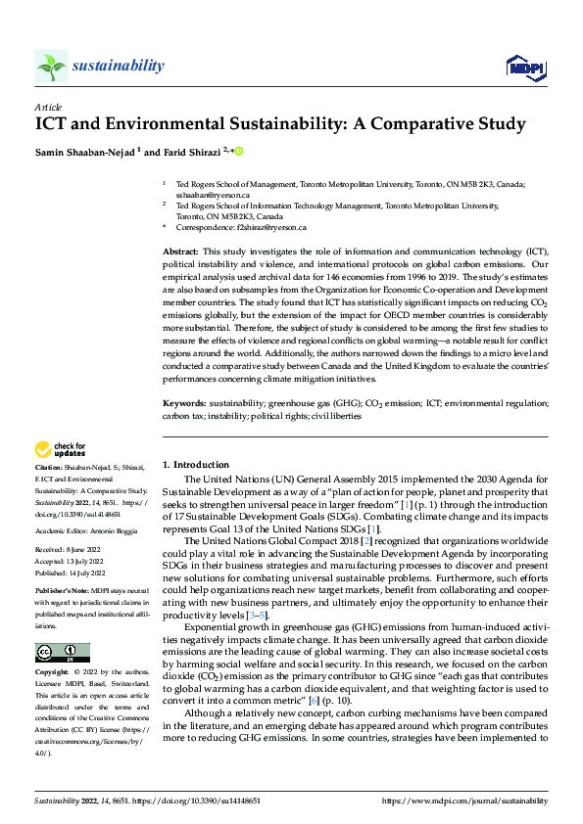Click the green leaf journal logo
click(x=51, y=66)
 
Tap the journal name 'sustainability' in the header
click(x=119, y=66)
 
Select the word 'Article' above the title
click(x=47, y=107)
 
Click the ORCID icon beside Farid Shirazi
click(x=238, y=151)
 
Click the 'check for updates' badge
click(x=60, y=450)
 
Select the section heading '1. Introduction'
click(x=195, y=465)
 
